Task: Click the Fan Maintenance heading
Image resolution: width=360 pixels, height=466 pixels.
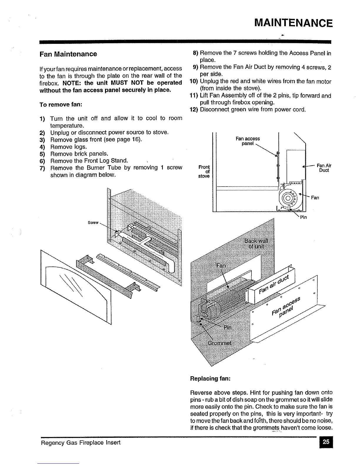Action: coord(68,54)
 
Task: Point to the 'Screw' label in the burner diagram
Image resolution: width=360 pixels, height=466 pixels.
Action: coord(93,223)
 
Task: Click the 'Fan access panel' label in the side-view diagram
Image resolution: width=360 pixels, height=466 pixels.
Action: coord(248,141)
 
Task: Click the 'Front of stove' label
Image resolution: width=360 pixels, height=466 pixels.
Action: coord(204,172)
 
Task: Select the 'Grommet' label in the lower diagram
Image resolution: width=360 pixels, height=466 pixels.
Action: coord(219,343)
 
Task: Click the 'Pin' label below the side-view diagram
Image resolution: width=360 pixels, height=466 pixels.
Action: coord(303,217)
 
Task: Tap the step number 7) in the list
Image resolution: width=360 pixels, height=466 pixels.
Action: coord(42,168)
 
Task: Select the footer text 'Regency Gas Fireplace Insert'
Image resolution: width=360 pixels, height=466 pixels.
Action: coord(81,442)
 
